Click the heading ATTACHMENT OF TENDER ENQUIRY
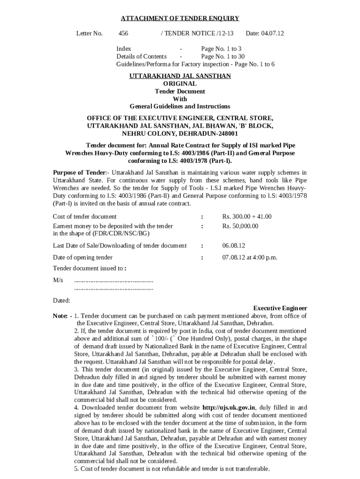[x=180, y=18]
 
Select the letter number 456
[x=123, y=33]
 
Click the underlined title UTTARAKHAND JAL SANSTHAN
[x=180, y=76]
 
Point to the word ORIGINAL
[x=180, y=84]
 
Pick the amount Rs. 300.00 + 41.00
[x=247, y=217]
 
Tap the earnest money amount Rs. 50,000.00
[x=240, y=226]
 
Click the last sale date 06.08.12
[x=234, y=246]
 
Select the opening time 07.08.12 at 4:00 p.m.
[x=250, y=257]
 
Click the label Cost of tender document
[x=85, y=217]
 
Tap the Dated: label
[x=61, y=300]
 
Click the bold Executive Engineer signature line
[x=280, y=308]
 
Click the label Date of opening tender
[x=83, y=257]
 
